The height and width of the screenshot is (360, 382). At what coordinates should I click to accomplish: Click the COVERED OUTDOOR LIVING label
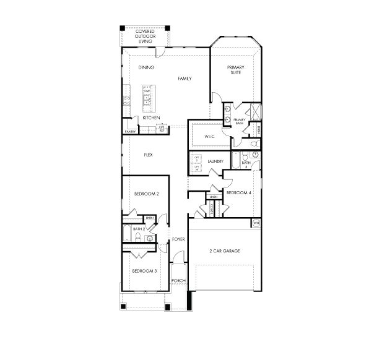[x=145, y=36]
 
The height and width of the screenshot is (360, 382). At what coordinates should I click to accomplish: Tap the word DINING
[x=146, y=67]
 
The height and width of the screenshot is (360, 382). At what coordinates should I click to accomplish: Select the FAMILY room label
[x=184, y=79]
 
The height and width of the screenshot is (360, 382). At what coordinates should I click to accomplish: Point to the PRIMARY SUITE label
[x=235, y=69]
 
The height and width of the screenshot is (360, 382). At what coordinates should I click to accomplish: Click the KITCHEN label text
[x=152, y=118]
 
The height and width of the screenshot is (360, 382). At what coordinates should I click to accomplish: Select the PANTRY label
[x=130, y=132]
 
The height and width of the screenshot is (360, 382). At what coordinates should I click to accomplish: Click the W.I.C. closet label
[x=209, y=136]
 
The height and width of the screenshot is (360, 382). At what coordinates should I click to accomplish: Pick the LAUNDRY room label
[x=215, y=161]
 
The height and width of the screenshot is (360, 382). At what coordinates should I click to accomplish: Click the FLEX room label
[x=149, y=155]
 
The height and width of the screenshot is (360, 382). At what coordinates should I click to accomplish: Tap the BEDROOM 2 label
[x=147, y=194]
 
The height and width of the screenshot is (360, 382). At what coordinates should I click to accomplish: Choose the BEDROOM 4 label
[x=239, y=193]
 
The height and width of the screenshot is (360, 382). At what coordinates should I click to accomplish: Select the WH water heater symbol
[x=256, y=223]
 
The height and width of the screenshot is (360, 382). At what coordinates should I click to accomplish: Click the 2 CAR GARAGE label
[x=225, y=251]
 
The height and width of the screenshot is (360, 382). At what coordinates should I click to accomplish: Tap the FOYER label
[x=179, y=239]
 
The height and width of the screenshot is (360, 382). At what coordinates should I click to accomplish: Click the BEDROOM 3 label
[x=144, y=271]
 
